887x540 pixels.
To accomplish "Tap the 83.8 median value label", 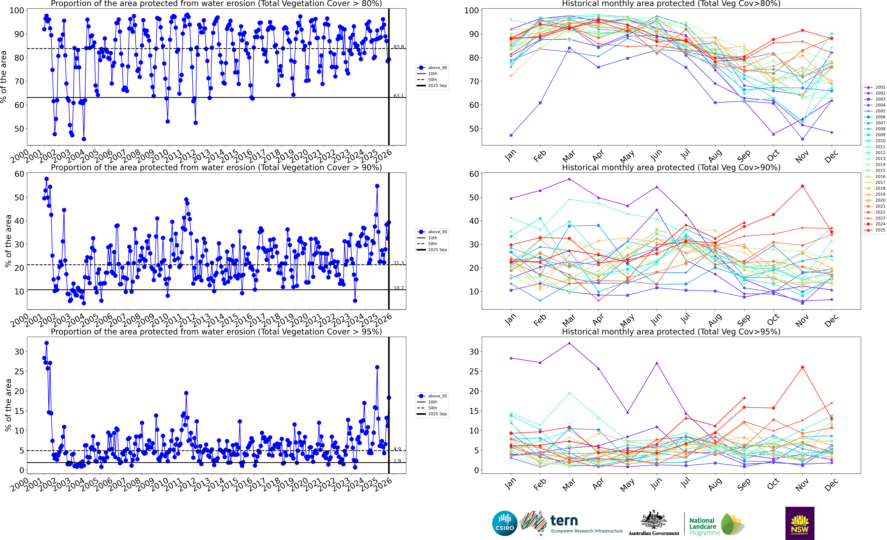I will (399, 47).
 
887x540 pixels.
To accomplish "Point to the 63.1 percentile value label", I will (399, 96).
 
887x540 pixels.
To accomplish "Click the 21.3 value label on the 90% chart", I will (399, 263).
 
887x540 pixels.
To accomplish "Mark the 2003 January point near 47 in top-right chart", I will (511, 135).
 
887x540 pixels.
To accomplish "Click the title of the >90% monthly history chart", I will (671, 167).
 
